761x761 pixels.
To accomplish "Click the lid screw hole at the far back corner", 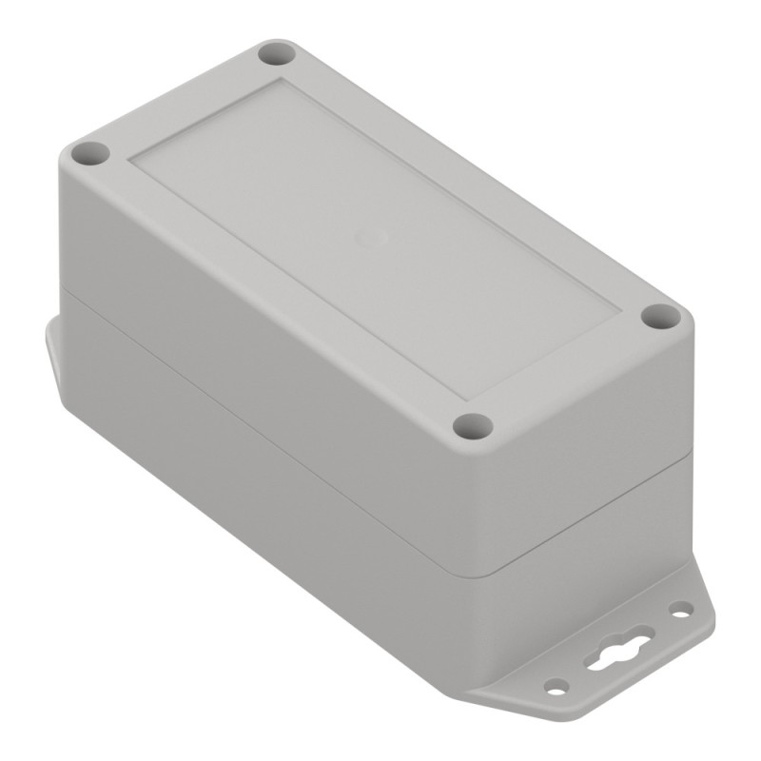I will coord(275,52).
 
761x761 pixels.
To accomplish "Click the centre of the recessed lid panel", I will coord(376,238).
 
